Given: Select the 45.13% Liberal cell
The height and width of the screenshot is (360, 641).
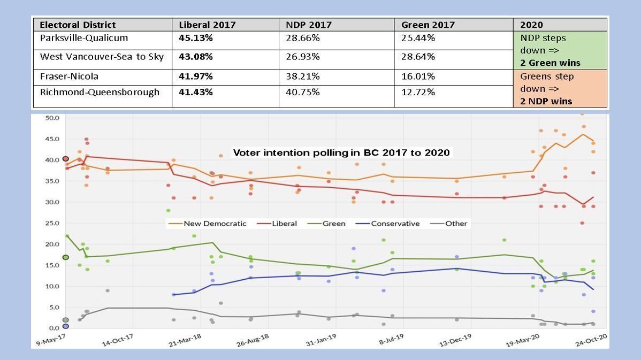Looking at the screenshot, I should click(x=196, y=38).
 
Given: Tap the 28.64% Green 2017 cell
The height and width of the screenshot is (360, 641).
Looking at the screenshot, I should click(x=418, y=56).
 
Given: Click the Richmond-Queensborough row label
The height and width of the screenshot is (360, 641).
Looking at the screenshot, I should click(x=100, y=92).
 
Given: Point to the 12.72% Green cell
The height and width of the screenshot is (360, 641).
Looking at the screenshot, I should click(x=418, y=92).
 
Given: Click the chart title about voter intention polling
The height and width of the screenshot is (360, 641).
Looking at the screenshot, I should click(x=342, y=152).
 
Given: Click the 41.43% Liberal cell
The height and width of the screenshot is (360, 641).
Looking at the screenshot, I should click(x=196, y=92).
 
